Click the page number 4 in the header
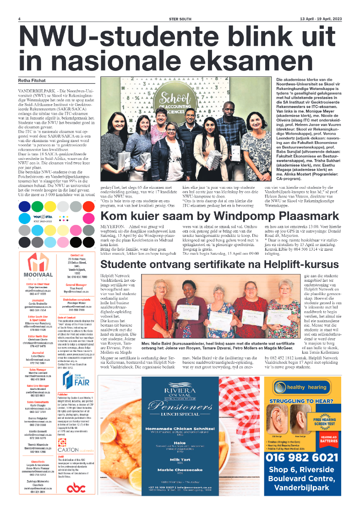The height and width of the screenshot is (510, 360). point(20,19)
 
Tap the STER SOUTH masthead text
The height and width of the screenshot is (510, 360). point(180,19)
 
